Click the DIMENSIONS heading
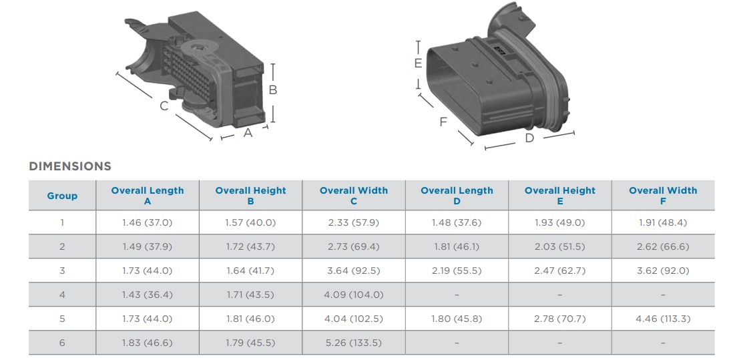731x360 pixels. [x=70, y=166]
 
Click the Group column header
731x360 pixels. [x=62, y=196]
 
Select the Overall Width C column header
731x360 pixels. [x=353, y=196]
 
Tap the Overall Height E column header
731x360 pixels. [x=559, y=196]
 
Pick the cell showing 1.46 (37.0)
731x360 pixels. [x=147, y=222]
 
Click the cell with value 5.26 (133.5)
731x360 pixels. [x=353, y=343]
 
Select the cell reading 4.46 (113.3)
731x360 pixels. [x=662, y=319]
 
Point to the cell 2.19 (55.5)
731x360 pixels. [x=457, y=271]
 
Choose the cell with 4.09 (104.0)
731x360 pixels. [x=353, y=295]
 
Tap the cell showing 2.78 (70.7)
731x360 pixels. [x=559, y=319]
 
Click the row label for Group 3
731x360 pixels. [x=62, y=271]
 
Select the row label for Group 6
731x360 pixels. [x=62, y=343]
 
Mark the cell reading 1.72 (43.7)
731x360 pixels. [x=250, y=246]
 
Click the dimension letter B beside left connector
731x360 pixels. [x=272, y=90]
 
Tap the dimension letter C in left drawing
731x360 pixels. [x=164, y=106]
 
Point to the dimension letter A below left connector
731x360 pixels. [x=248, y=133]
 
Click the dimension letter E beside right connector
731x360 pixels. [x=418, y=63]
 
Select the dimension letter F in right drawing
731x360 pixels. [x=443, y=122]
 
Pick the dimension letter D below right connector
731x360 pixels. [x=529, y=138]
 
